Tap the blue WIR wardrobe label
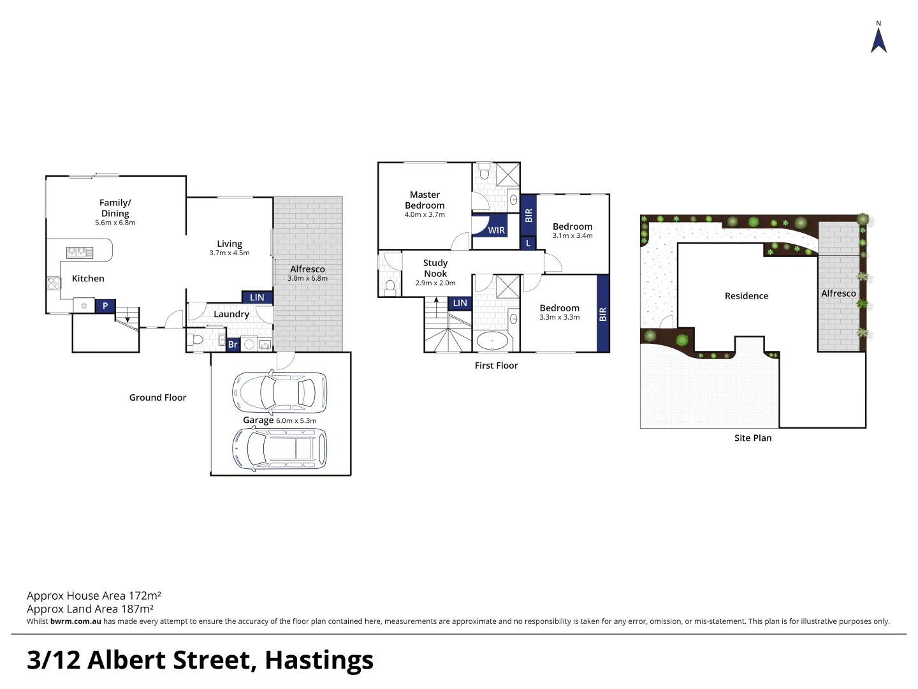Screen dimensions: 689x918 click(x=496, y=230)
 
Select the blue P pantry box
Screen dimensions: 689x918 click(x=105, y=306)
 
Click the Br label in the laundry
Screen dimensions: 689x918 click(x=233, y=344)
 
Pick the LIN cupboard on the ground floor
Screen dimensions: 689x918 click(x=257, y=297)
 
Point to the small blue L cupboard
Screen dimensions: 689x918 click(x=528, y=243)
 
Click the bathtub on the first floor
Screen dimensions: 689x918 click(x=492, y=341)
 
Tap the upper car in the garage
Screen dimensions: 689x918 click(x=279, y=391)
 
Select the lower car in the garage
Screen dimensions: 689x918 click(x=279, y=448)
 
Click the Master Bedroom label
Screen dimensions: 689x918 click(x=425, y=200)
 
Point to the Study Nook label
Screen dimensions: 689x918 click(x=435, y=268)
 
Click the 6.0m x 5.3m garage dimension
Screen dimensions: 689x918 click(x=296, y=420)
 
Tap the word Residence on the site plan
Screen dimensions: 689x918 click(x=747, y=296)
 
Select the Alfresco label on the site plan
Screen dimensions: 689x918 click(x=838, y=293)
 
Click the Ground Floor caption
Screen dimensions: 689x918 click(x=157, y=397)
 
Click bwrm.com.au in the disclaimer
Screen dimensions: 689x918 click(x=75, y=621)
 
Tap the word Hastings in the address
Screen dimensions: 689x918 click(x=319, y=660)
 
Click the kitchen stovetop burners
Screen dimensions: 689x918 click(x=80, y=253)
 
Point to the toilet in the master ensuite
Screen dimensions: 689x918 click(x=484, y=172)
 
